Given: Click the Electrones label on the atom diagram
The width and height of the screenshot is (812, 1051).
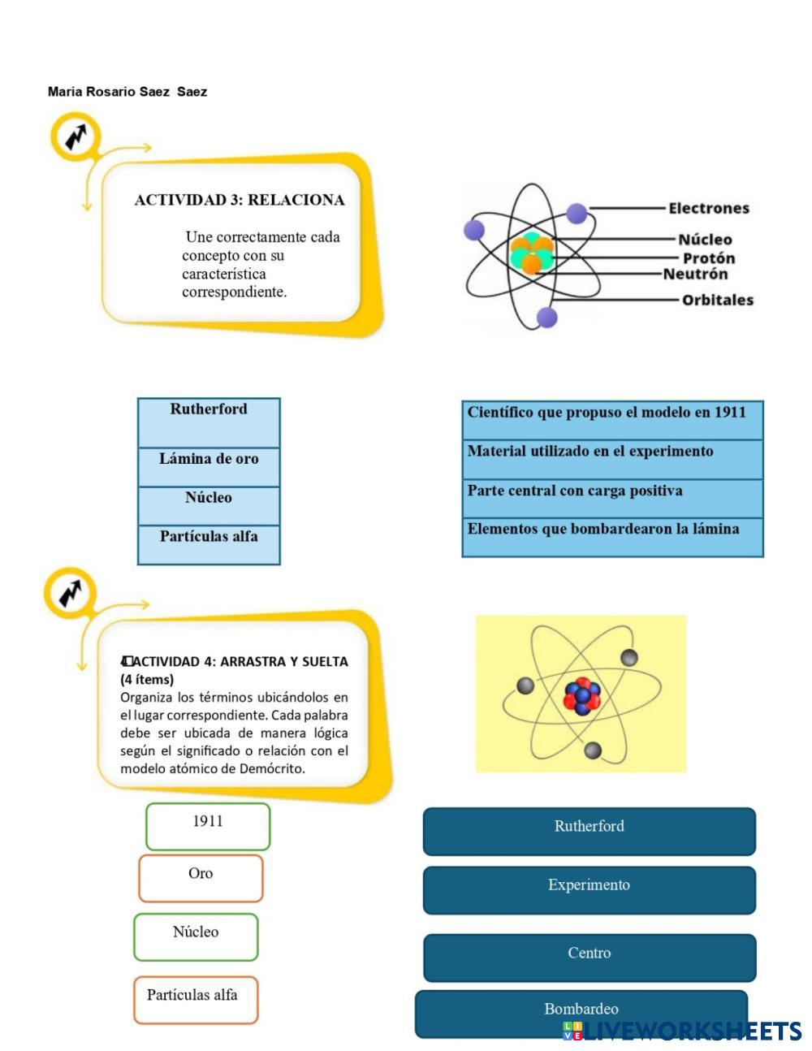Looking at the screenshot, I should (708, 209).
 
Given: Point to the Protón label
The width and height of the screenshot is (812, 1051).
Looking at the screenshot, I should (708, 258).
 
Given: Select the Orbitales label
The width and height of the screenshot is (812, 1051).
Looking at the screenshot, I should (717, 301).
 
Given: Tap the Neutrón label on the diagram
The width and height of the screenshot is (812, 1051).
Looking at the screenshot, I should (695, 275).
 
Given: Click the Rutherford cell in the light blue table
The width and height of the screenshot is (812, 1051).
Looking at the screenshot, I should (209, 422).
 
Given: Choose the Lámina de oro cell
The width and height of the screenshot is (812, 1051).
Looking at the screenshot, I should (209, 466).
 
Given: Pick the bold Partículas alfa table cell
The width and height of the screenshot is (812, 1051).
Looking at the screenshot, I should (209, 544).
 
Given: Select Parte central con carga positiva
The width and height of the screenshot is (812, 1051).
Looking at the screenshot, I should (612, 498).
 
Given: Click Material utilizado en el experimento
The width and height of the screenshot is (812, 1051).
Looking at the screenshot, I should (612, 459).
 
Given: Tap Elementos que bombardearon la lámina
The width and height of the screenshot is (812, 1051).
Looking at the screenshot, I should (612, 537).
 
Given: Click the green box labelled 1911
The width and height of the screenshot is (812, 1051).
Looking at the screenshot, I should (208, 826).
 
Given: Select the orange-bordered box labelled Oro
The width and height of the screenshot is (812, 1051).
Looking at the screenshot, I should (201, 878).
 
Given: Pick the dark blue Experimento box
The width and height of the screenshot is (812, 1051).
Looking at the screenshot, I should (589, 889).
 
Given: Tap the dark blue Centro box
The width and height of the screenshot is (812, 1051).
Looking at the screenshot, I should (589, 957).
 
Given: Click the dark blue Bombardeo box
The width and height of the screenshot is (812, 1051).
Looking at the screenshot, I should (581, 1013).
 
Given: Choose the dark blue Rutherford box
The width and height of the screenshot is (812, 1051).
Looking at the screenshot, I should (589, 831).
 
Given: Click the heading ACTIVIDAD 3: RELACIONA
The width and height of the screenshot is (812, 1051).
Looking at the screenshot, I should (240, 200).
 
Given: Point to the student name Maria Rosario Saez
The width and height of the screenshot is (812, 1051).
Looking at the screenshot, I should (127, 92).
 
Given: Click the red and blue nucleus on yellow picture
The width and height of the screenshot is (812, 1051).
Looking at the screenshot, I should (581, 696).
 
